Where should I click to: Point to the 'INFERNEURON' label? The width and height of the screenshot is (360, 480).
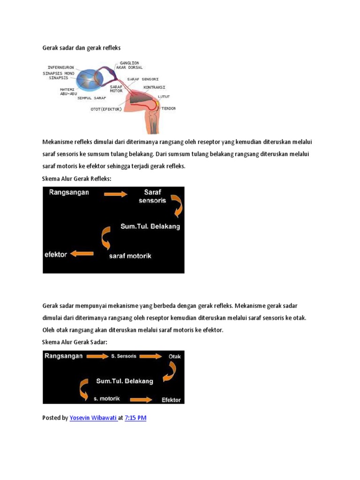tap(59, 67)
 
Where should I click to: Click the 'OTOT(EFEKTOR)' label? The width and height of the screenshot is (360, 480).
tap(106, 109)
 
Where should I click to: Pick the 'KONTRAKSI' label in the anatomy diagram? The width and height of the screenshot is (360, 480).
tap(155, 87)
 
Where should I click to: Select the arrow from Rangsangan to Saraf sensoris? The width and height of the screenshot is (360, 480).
tap(115, 194)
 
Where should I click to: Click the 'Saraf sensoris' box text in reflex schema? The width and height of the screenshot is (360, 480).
tap(152, 196)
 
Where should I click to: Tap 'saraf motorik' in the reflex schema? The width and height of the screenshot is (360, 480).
tap(130, 256)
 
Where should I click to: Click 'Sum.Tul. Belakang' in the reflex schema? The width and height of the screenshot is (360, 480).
tap(150, 226)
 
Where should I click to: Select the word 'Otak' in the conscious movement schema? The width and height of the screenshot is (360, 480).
tap(174, 356)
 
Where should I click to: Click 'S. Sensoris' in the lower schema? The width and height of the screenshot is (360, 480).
tap(124, 356)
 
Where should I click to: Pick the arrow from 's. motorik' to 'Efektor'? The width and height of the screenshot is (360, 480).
tap(141, 399)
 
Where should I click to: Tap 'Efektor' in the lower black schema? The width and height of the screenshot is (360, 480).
tap(171, 400)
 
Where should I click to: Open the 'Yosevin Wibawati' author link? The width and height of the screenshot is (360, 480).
tap(93, 418)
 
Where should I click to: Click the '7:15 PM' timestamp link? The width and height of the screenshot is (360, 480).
tap(135, 418)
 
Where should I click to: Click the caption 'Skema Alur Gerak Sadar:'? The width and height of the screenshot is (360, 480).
tap(75, 342)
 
